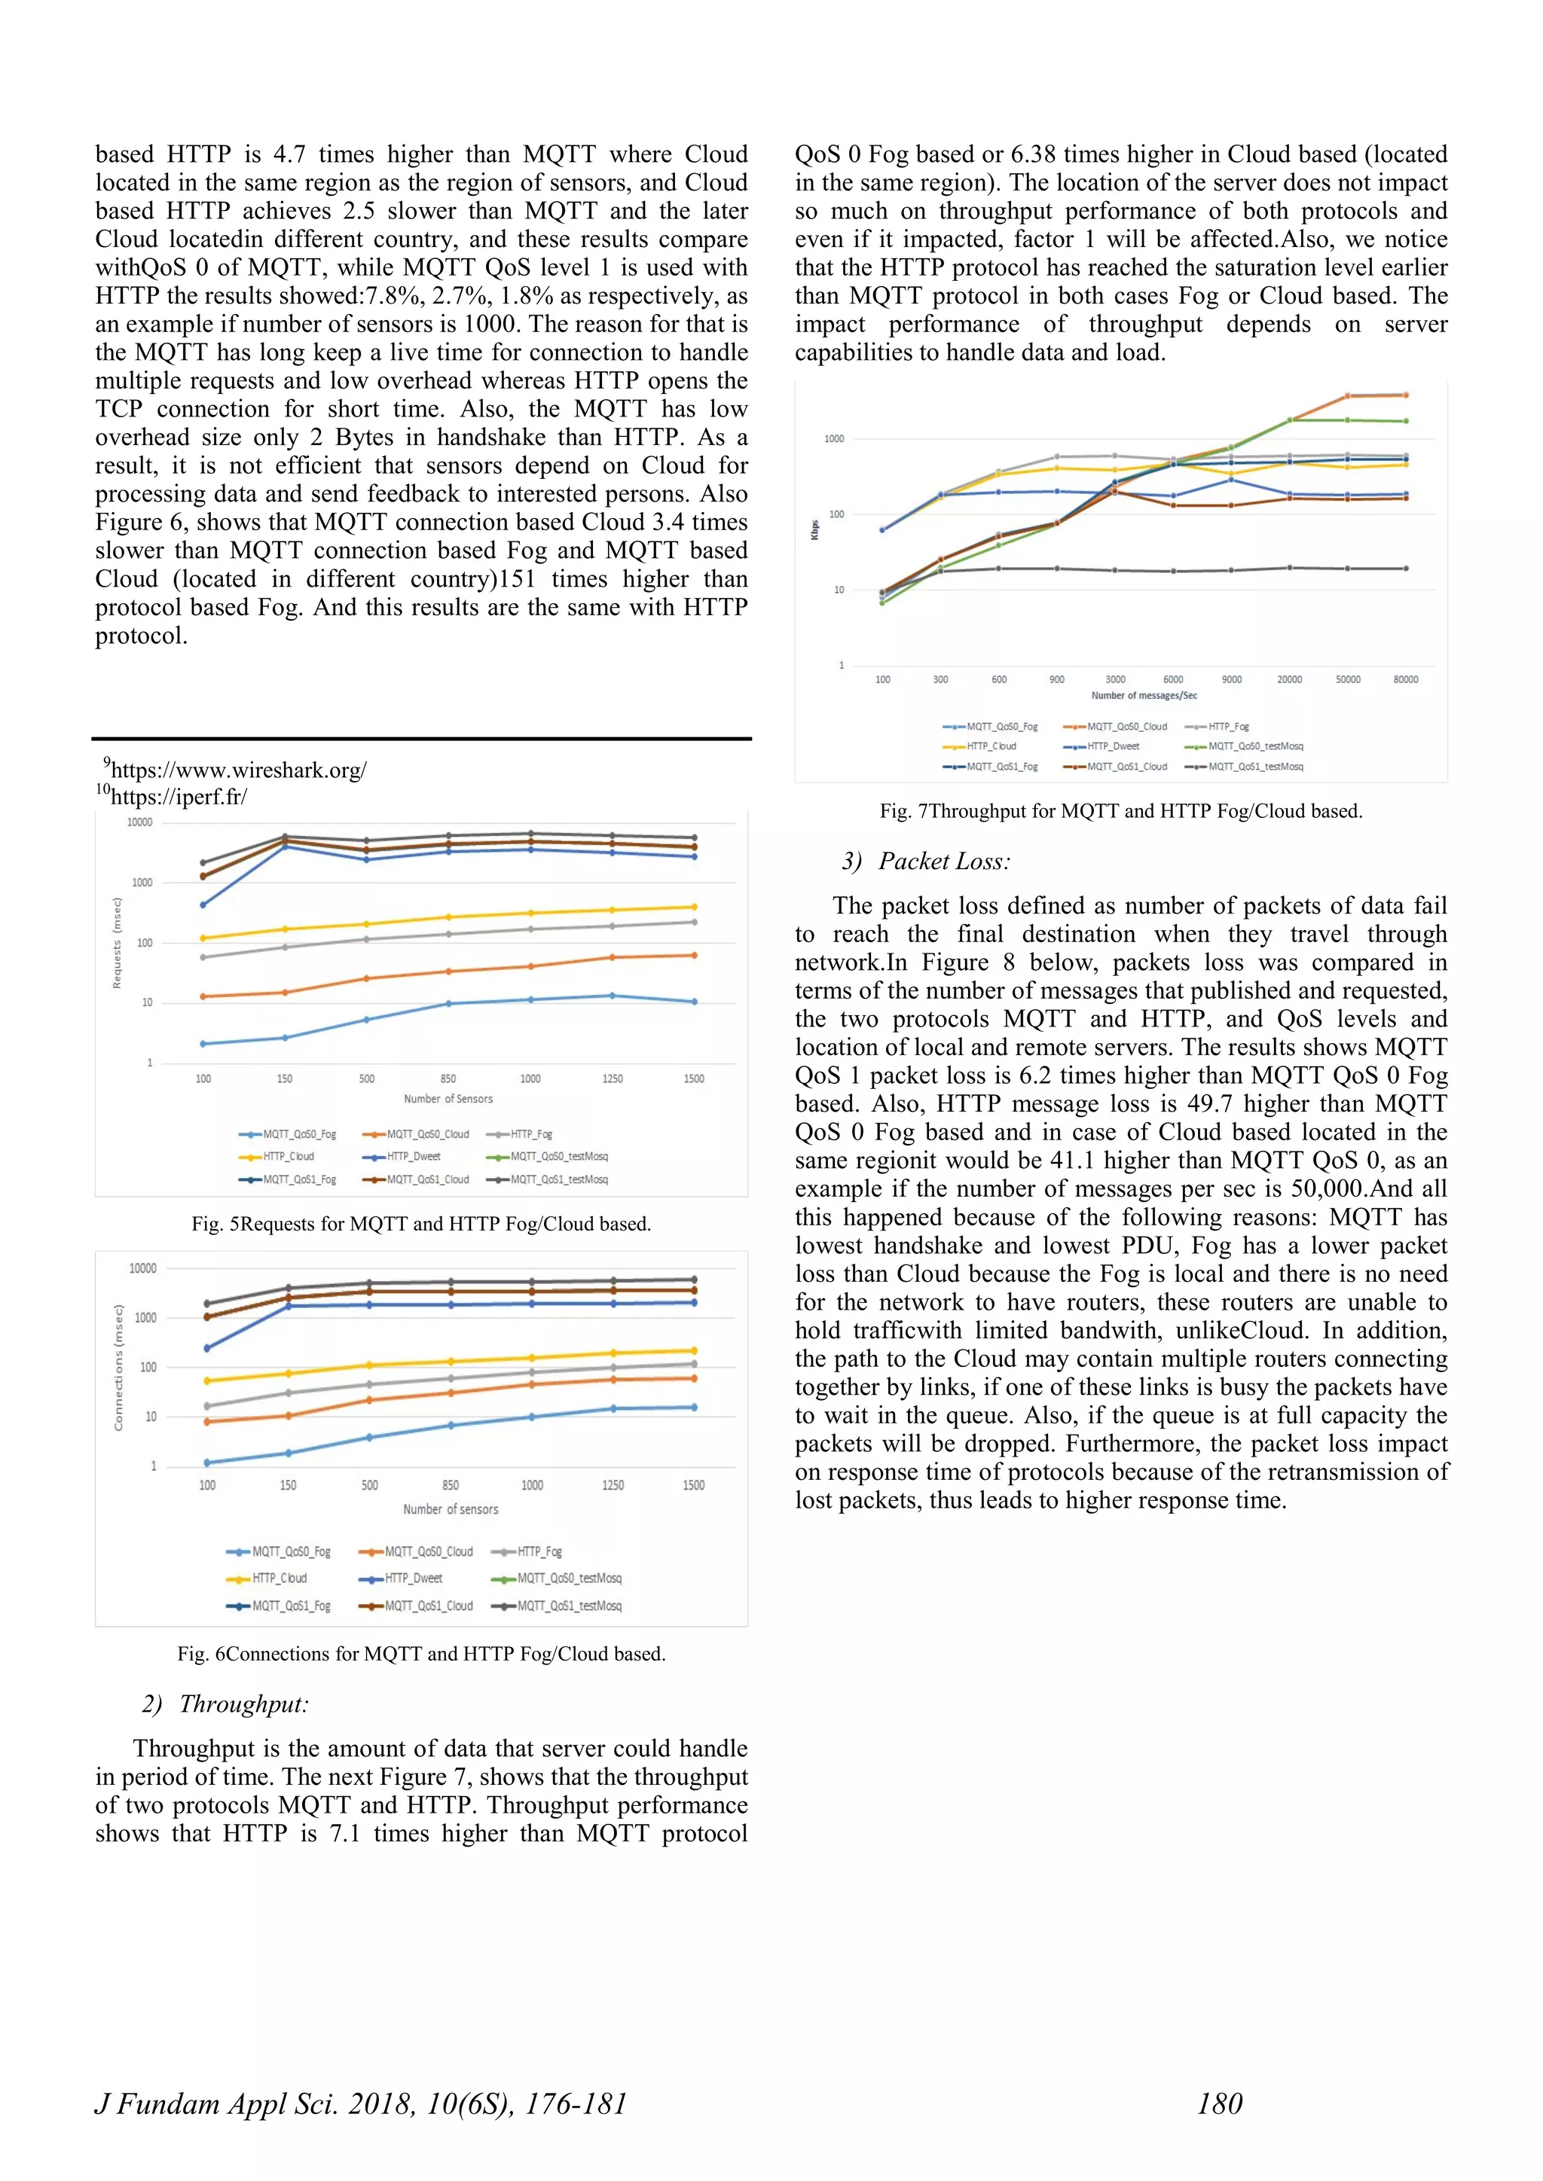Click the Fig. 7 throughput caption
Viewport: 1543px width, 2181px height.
point(1120,811)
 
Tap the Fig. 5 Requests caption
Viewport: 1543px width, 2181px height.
point(421,1224)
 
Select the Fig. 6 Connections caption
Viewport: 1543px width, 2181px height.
point(421,1654)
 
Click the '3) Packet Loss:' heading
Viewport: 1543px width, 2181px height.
point(927,862)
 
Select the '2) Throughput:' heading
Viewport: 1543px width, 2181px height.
point(226,1704)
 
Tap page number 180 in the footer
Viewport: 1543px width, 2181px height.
point(1219,2104)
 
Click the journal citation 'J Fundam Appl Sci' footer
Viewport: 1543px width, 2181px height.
point(361,2104)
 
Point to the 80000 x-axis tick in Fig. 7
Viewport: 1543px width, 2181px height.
point(1405,679)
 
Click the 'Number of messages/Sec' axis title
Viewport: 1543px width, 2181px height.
point(1144,695)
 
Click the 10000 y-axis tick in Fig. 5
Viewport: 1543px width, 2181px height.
point(139,822)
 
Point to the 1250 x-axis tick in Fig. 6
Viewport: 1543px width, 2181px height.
point(613,1484)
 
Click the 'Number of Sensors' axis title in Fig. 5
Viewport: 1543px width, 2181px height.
point(448,1099)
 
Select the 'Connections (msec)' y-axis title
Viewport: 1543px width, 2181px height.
point(119,1368)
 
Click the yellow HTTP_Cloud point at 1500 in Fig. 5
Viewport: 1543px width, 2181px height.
point(694,907)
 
